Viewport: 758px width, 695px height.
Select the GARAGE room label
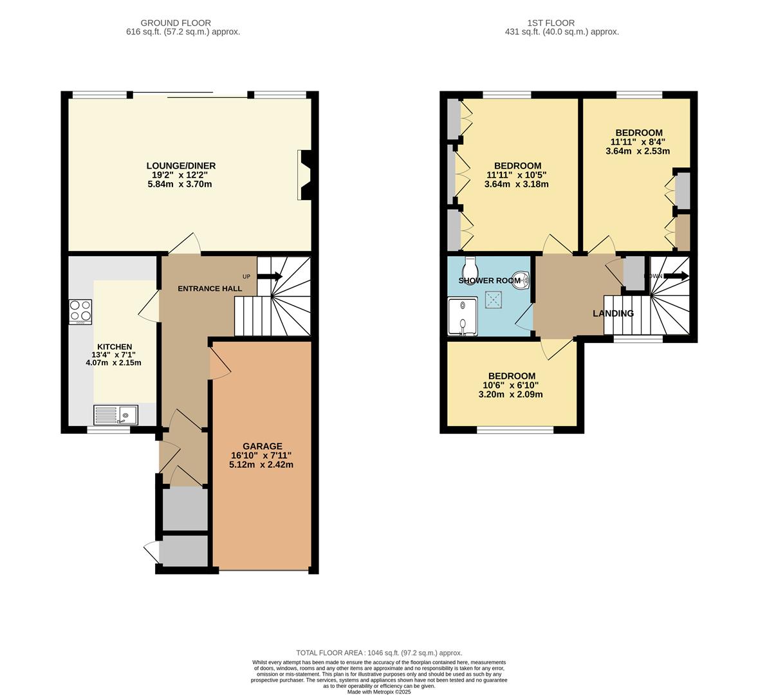(x=262, y=446)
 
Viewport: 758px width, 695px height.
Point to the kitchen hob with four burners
(x=80, y=311)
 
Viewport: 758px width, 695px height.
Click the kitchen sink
(x=116, y=415)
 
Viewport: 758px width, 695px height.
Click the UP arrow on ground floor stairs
(x=270, y=277)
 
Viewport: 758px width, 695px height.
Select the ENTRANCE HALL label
(x=210, y=288)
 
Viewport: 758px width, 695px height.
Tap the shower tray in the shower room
(x=463, y=316)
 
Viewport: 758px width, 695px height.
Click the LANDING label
(x=613, y=313)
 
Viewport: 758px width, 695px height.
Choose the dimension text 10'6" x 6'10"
(x=511, y=385)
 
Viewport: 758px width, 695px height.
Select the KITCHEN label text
(x=115, y=347)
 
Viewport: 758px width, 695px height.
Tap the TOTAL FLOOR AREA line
(x=379, y=653)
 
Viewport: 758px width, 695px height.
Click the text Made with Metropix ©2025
(x=379, y=692)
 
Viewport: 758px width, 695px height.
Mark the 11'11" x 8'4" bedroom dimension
(x=638, y=142)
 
